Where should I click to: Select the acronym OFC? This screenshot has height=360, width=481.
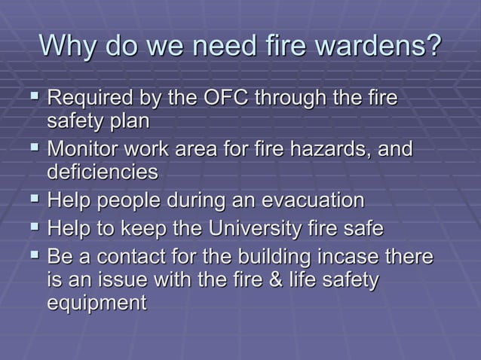pyautogui.click(x=231, y=99)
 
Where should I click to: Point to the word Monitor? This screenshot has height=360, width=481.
pyautogui.click(x=85, y=150)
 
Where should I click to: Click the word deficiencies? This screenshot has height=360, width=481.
pyautogui.click(x=103, y=172)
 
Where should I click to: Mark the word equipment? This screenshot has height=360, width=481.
pyautogui.click(x=97, y=304)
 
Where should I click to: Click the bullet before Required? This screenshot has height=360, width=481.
pyautogui.click(x=34, y=99)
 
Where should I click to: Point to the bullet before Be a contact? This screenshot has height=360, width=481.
pyautogui.click(x=34, y=256)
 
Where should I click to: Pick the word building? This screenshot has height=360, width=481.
pyautogui.click(x=278, y=256)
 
